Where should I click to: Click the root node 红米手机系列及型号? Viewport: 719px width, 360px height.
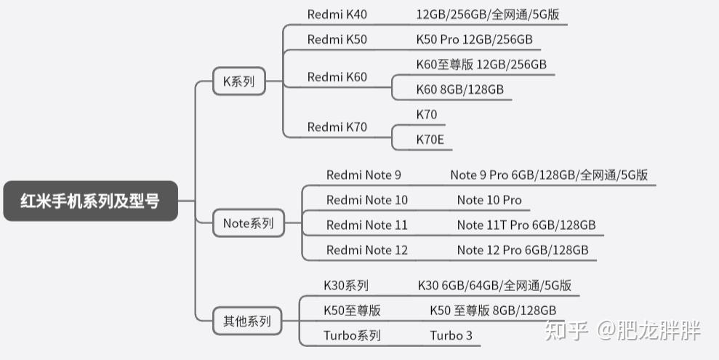pos(90,201)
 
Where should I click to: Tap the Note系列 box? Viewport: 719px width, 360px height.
pos(248,224)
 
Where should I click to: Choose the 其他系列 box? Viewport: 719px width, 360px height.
pos(246,320)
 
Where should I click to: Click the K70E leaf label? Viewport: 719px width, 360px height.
pos(430,139)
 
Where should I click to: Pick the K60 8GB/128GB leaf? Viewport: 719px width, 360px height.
pos(459,89)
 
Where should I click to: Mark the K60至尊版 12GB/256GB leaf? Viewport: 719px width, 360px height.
pos(481,65)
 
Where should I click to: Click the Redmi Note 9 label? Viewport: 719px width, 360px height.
pos(363,175)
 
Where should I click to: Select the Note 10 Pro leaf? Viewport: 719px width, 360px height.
pos(489,200)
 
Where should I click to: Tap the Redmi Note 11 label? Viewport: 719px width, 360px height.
pos(366,225)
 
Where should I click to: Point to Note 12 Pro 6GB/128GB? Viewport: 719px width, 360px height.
pos(523,250)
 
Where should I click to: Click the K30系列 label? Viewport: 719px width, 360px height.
pos(346,286)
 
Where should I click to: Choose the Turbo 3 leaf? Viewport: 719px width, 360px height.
pos(451,335)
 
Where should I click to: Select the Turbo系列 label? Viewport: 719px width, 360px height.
pos(352,335)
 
